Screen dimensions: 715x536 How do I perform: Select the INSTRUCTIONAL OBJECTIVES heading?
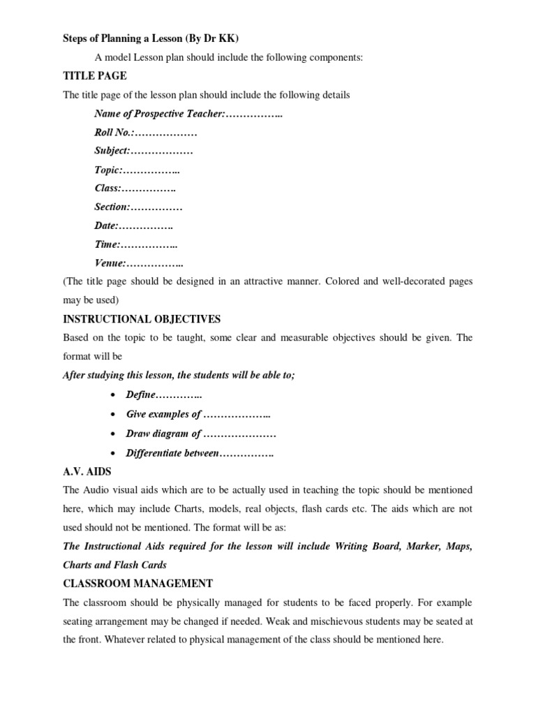(x=142, y=319)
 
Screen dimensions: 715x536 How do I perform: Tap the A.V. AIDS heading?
(x=87, y=471)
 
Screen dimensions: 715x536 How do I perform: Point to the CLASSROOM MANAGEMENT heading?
(x=138, y=583)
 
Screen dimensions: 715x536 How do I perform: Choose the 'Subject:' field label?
(x=112, y=150)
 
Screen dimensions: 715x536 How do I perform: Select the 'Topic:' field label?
(x=108, y=169)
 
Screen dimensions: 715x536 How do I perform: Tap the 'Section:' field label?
(x=112, y=207)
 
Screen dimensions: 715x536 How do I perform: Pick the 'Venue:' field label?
(x=110, y=263)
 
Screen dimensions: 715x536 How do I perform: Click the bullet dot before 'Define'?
(x=112, y=395)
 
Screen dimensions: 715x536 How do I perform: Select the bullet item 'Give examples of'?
(x=163, y=414)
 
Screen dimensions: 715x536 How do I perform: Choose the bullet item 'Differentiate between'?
(x=172, y=453)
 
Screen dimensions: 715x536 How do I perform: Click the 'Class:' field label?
(x=108, y=188)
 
